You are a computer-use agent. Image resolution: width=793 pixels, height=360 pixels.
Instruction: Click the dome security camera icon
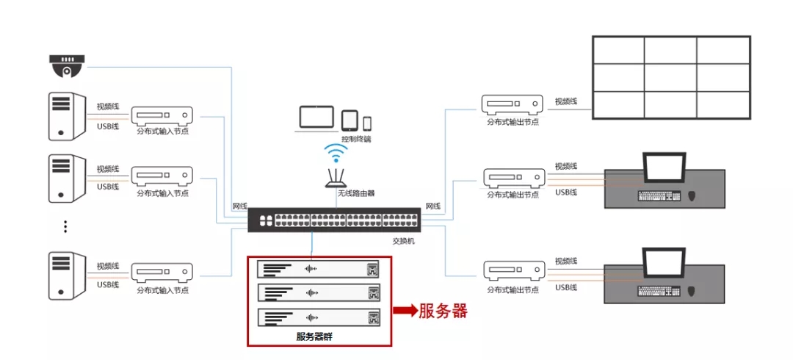point(66,65)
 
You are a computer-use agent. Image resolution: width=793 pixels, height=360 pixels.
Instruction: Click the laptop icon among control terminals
point(317,119)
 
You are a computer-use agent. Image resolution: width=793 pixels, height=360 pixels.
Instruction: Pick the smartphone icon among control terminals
point(367,123)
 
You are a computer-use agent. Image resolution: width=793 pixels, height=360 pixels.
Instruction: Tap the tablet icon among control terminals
point(350,120)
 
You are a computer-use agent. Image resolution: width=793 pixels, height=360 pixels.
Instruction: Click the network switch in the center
point(334,220)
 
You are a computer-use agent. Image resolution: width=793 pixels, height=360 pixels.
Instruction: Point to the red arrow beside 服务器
point(405,310)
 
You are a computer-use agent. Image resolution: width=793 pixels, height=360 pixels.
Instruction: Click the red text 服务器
point(443,311)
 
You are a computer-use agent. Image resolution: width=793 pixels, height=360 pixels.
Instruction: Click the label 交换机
point(402,241)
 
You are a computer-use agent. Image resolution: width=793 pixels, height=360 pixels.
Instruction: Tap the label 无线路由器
point(356,194)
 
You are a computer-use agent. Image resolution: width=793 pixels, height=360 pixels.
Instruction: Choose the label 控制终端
point(356,138)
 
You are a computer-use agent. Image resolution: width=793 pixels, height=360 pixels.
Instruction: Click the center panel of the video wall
point(671,77)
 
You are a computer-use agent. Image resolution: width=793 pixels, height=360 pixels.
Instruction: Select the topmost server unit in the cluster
point(319,269)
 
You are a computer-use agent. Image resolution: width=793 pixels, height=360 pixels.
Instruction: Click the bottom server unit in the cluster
point(319,318)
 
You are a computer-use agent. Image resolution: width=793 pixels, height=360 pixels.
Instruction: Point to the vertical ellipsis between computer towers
point(65,226)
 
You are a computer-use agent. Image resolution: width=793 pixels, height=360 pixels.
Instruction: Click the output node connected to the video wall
point(513,104)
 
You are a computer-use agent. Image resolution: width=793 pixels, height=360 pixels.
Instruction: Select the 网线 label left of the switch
point(239,206)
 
